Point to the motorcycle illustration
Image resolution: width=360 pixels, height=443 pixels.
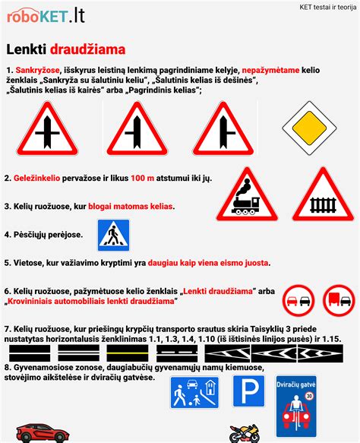[245, 433]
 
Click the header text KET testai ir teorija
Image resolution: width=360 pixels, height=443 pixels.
[317, 8]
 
